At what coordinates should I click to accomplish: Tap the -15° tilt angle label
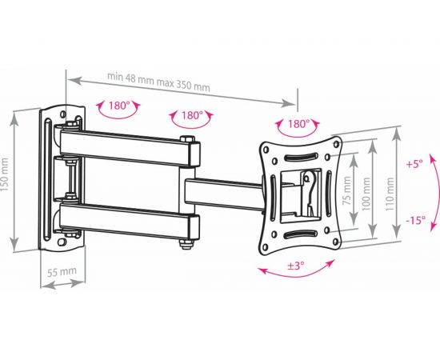[414, 220]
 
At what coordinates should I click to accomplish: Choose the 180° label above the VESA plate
[297, 124]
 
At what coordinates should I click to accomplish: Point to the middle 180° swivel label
[190, 115]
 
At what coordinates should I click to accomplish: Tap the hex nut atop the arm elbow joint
[187, 142]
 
